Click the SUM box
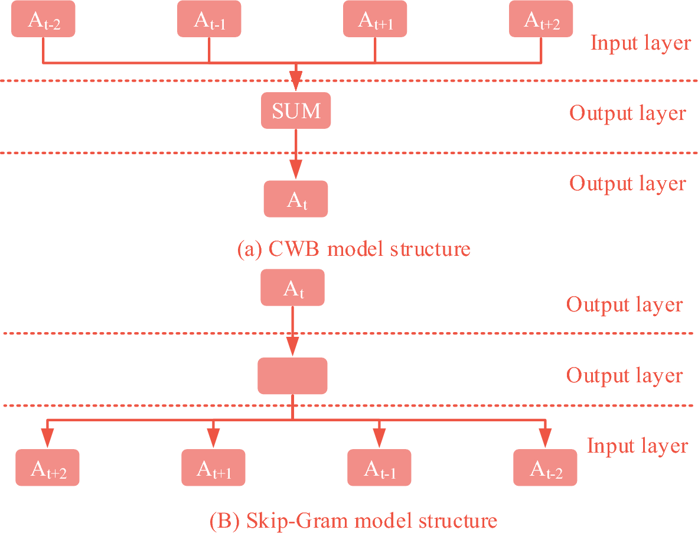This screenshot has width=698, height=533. coord(296,110)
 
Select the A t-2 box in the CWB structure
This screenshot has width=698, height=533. coord(43,19)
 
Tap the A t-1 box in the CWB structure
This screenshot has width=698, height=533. coord(209,19)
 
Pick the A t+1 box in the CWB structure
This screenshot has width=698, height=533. coord(375,19)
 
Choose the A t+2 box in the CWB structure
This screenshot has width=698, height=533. coord(541,19)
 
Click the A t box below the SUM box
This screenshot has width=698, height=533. coord(295,199)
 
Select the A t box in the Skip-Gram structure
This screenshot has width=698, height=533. coord(292,288)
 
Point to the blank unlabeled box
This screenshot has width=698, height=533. coord(292,376)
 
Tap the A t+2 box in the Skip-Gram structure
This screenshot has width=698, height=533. coord(47,468)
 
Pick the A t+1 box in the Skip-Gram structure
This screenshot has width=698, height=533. coord(213,468)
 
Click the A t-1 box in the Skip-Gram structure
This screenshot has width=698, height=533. coord(379,468)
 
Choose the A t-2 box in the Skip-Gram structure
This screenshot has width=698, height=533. coord(545,468)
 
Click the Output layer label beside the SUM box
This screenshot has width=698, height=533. coord(627,113)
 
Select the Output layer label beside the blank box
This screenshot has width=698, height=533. coord(624,375)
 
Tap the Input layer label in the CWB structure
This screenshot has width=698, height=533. coord(640,43)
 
